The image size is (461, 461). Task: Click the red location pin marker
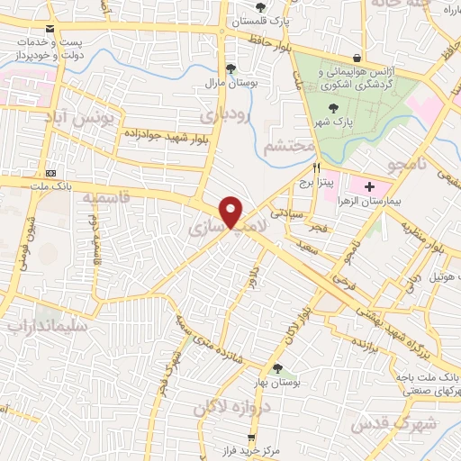[x=232, y=212]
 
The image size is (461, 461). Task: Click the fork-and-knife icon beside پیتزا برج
[x=317, y=168]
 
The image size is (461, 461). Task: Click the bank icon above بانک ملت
[x=51, y=173]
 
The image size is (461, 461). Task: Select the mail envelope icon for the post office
[x=49, y=29]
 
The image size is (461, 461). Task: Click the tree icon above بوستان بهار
[x=277, y=368]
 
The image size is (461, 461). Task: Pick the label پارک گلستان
[x=260, y=21]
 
